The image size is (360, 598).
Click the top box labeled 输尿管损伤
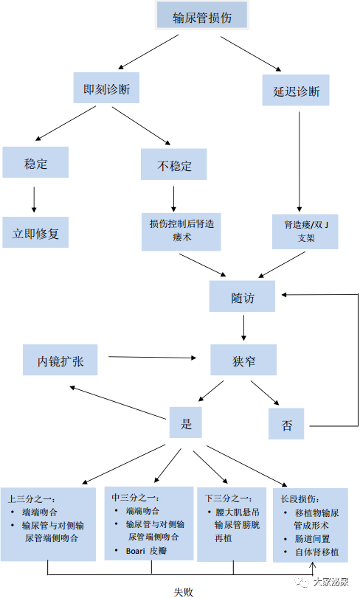point(202,15)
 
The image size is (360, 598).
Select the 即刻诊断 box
point(106,88)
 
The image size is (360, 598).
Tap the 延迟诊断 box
point(296,91)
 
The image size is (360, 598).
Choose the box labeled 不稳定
point(174,164)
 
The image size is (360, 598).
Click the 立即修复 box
point(35,232)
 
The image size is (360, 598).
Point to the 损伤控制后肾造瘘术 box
point(181,232)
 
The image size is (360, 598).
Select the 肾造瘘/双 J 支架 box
point(305,232)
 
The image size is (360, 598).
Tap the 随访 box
point(242,296)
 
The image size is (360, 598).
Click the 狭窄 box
point(243,360)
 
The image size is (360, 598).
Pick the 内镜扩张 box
point(60,360)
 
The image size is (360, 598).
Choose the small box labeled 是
point(186,423)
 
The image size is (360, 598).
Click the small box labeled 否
point(286,424)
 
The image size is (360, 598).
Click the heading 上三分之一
point(31,499)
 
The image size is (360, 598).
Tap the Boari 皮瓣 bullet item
point(147,550)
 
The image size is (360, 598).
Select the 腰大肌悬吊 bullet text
point(238,512)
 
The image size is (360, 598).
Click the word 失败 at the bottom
point(184,592)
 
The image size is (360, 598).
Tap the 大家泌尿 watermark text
point(330,582)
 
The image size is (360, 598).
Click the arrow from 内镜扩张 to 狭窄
point(152,358)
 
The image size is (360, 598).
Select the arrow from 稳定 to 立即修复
point(34,200)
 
